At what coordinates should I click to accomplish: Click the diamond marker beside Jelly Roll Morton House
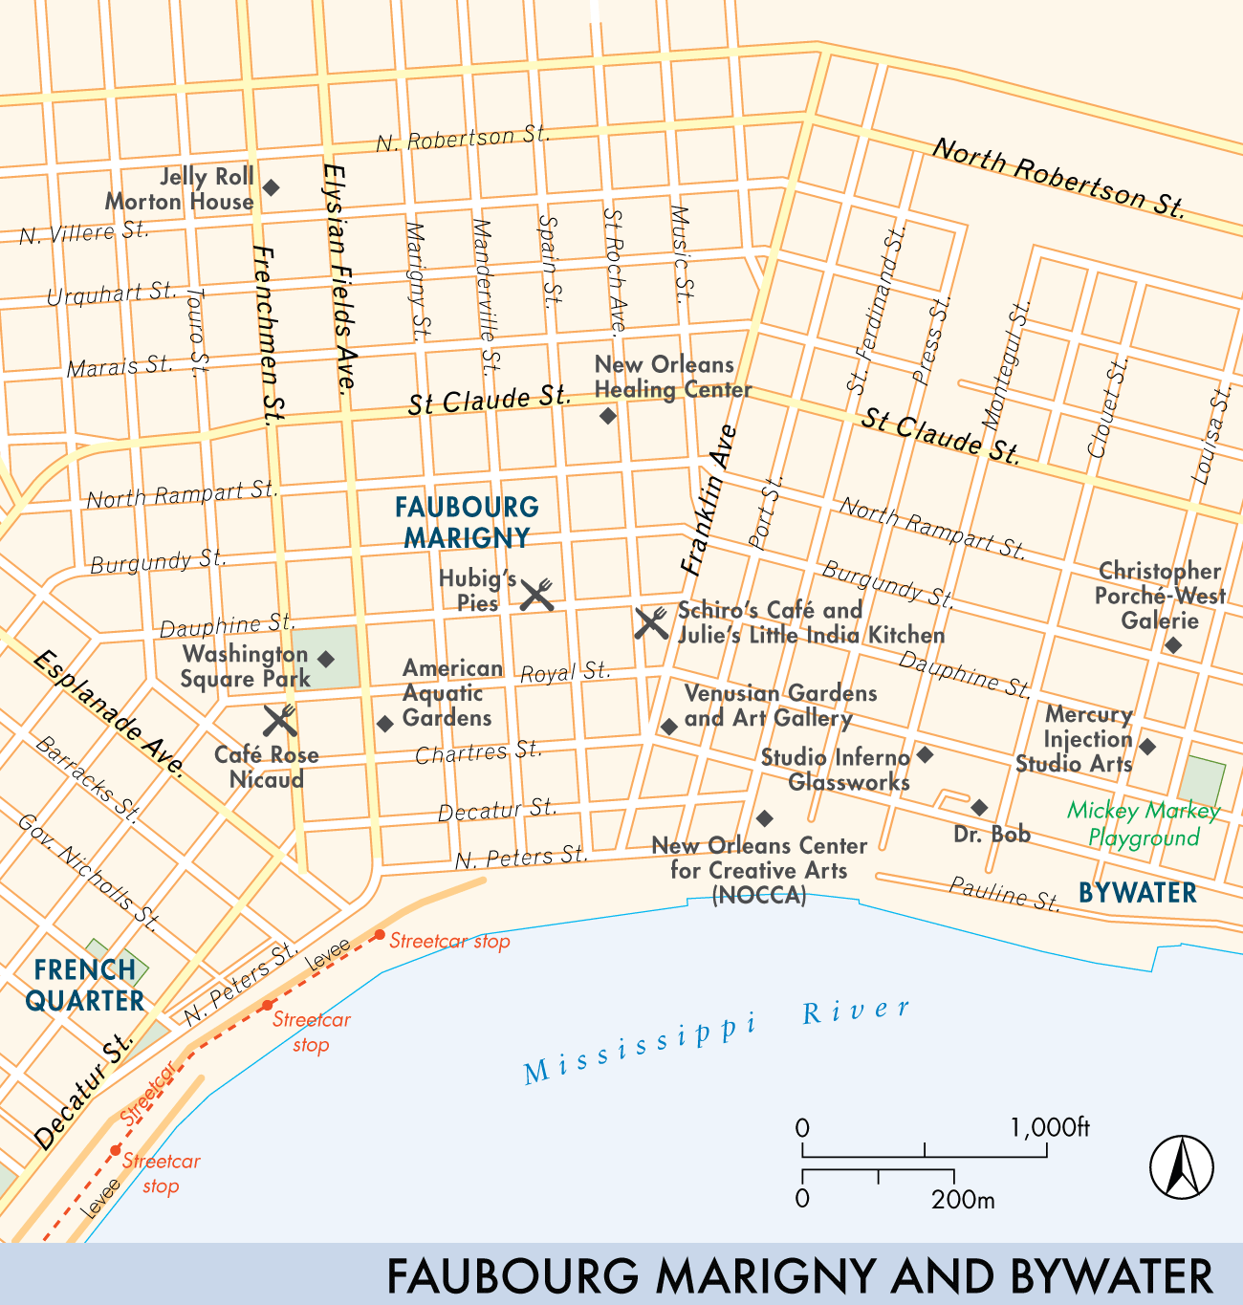point(271,187)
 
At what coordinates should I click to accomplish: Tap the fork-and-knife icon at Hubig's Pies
point(536,595)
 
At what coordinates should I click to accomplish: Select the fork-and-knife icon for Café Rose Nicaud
point(280,721)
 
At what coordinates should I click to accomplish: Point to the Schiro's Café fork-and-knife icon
point(651,622)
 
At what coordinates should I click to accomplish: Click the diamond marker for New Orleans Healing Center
point(608,416)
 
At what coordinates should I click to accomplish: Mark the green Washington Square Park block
point(328,658)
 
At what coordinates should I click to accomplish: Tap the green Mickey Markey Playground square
point(1201,780)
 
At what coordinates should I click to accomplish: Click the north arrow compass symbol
point(1181,1166)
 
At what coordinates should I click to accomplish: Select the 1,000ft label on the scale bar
point(1049,1127)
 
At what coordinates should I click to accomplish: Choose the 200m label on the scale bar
point(962,1199)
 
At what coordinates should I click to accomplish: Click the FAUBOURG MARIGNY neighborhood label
point(467,522)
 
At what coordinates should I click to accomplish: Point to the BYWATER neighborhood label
point(1137,893)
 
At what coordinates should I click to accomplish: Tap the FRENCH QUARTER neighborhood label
point(85,985)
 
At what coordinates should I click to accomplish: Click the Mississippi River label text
point(717,1041)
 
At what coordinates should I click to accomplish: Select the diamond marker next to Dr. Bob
point(979,808)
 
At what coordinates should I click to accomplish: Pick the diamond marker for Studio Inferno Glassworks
point(925,755)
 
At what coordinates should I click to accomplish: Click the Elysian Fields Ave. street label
point(339,277)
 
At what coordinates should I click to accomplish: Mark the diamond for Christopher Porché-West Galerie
point(1173,645)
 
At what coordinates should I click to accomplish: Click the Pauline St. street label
point(1004,894)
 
